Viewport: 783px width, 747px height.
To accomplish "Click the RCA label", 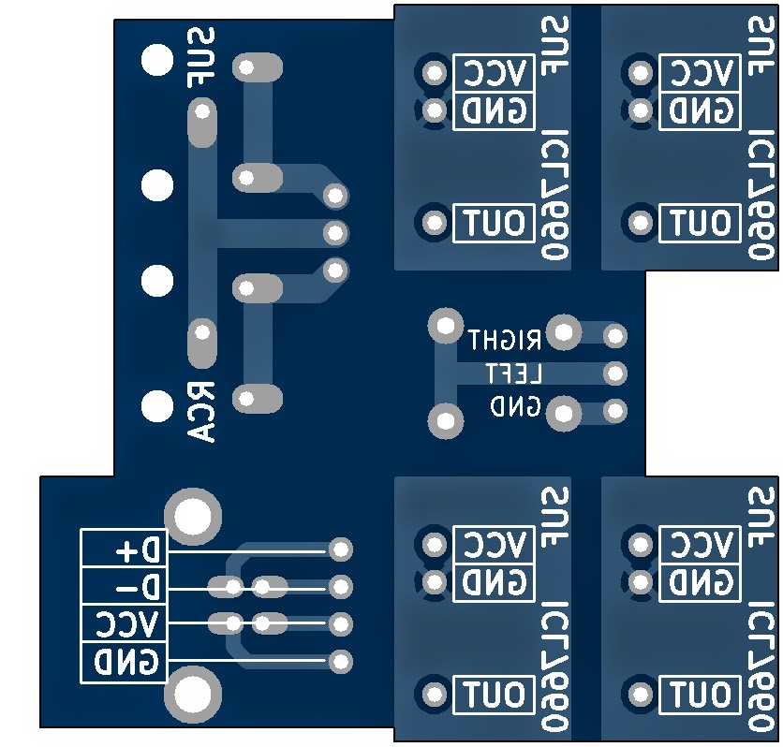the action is tap(200, 412).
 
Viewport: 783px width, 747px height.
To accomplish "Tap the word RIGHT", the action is tap(504, 340).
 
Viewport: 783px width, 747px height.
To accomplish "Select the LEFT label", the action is tap(514, 373).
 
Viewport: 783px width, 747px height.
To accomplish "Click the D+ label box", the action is tap(124, 549).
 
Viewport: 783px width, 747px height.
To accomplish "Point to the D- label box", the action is tap(124, 586).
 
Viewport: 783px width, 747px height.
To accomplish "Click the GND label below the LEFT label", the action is tap(516, 406).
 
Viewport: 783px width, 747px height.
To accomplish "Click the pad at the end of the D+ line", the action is tap(341, 549).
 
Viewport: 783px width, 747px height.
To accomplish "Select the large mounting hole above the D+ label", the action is tap(193, 517).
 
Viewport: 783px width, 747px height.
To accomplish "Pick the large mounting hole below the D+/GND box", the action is tap(193, 695).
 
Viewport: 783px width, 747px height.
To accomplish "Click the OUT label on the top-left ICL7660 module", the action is tap(494, 223).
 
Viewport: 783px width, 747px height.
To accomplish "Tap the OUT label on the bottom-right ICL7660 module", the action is tap(700, 694).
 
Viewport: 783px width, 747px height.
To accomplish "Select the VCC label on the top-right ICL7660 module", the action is tap(700, 73).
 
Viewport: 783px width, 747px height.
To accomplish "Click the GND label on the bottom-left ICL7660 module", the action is tap(494, 582).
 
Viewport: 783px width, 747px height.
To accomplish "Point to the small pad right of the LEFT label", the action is tap(615, 373).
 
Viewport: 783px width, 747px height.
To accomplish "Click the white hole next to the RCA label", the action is tap(157, 405).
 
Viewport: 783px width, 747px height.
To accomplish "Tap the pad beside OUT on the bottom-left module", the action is tap(435, 694).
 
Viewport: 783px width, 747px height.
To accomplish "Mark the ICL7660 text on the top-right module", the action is tap(761, 195).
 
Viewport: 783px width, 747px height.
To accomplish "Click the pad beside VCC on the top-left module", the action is tap(435, 73).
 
